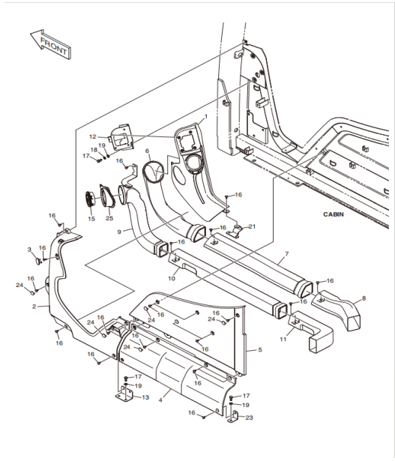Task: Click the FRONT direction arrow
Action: click(51, 44)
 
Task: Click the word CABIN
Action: click(334, 214)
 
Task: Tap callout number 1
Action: click(206, 116)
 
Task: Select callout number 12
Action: click(93, 136)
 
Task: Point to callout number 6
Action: click(147, 151)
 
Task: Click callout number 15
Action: click(91, 219)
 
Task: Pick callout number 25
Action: click(109, 218)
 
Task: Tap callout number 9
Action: click(119, 232)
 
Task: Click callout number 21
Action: click(252, 226)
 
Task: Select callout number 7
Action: click(287, 253)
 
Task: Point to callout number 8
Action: click(364, 298)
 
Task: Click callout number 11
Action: click(283, 340)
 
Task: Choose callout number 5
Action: click(260, 350)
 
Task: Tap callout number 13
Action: click(145, 397)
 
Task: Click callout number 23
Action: click(249, 418)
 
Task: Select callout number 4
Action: click(160, 400)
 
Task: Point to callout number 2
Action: click(34, 307)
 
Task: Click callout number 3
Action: click(29, 250)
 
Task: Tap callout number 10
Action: click(172, 278)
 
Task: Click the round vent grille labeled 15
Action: click(90, 200)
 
